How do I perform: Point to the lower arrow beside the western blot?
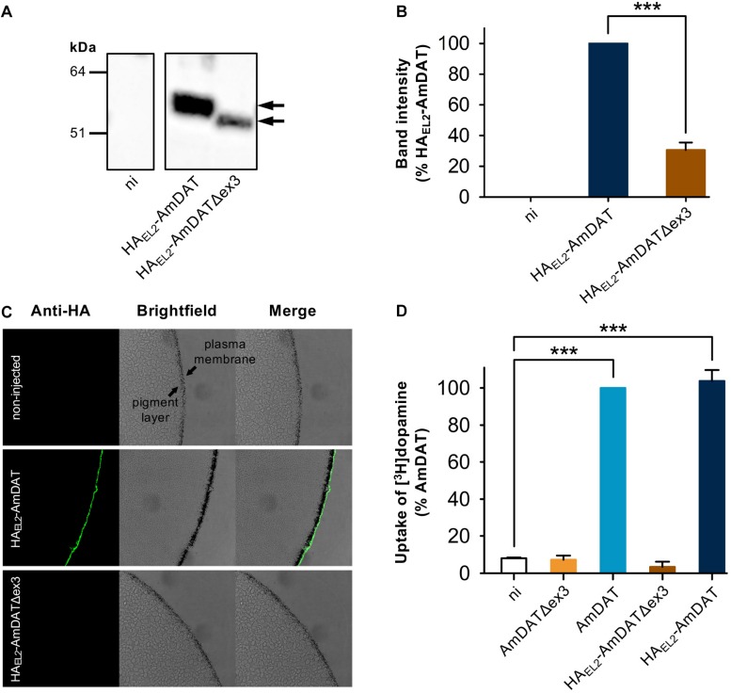tap(271, 121)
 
